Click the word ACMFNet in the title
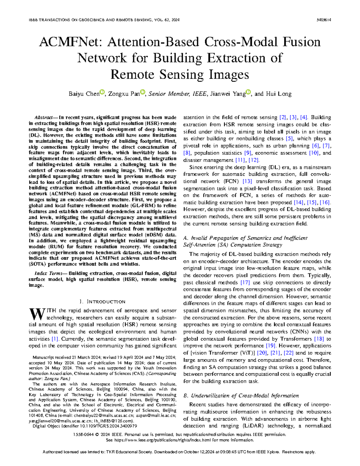click(x=71, y=42)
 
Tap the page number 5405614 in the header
click(x=324, y=20)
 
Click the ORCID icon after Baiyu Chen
click(x=102, y=92)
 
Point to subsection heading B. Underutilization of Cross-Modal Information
click(x=241, y=395)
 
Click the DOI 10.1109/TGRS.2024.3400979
click(x=108, y=426)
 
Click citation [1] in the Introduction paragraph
click(x=55, y=339)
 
